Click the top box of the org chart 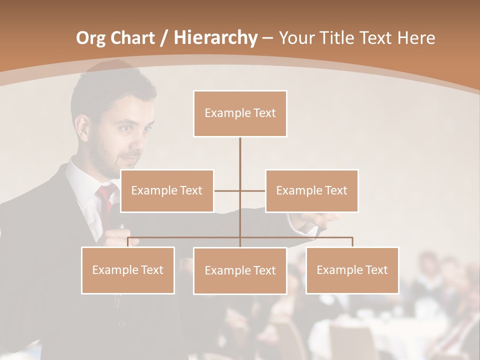point(240,113)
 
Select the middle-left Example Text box point(167,190)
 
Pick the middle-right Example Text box point(311,190)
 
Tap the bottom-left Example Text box point(128,270)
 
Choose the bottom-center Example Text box point(240,270)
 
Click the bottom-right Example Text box point(352,270)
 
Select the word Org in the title point(91,38)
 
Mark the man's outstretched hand point(320,220)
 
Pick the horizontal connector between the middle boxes point(227,190)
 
